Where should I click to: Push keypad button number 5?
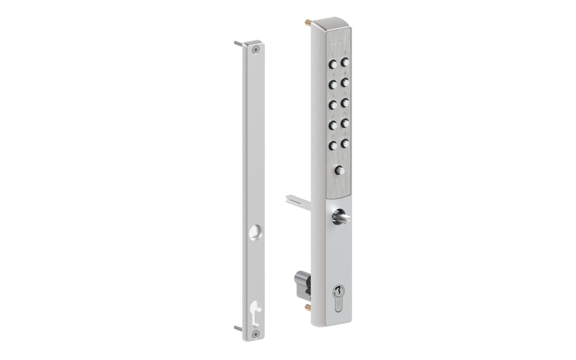[333, 105]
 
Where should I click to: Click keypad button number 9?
[333, 145]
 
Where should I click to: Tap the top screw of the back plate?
[256, 50]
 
